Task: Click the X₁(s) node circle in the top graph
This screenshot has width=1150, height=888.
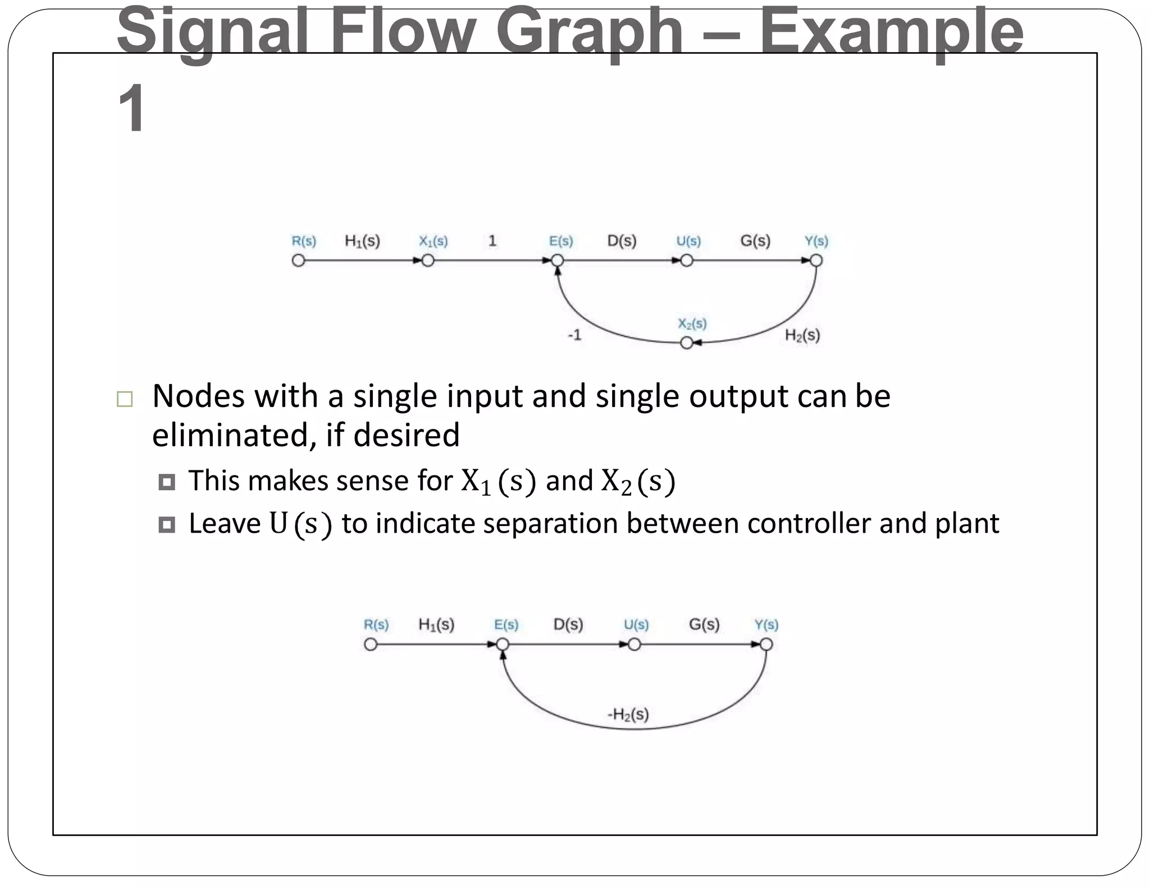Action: pyautogui.click(x=428, y=260)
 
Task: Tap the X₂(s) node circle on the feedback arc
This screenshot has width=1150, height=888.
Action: pyautogui.click(x=686, y=342)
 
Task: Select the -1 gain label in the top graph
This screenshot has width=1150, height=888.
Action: pyautogui.click(x=574, y=335)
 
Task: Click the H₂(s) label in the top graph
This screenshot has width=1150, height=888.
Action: pyautogui.click(x=802, y=336)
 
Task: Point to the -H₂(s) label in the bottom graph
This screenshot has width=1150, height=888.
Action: pyautogui.click(x=628, y=715)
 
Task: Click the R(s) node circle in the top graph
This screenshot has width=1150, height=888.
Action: pyautogui.click(x=298, y=260)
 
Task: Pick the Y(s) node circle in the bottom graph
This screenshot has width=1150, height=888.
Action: pyautogui.click(x=766, y=644)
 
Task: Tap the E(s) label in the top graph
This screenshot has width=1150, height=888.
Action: pyautogui.click(x=561, y=241)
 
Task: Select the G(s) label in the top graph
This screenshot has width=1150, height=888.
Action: pyautogui.click(x=755, y=241)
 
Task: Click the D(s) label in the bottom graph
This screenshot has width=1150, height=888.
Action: pyautogui.click(x=568, y=624)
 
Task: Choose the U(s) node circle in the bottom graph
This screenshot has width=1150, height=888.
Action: pyautogui.click(x=635, y=644)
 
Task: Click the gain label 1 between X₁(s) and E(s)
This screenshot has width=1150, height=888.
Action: pyautogui.click(x=492, y=241)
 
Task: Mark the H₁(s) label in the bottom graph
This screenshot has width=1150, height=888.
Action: pyautogui.click(x=436, y=624)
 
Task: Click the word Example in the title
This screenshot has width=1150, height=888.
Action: pyautogui.click(x=892, y=31)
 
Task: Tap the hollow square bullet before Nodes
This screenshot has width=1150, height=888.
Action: pyautogui.click(x=125, y=399)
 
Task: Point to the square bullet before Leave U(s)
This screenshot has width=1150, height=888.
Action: pyautogui.click(x=167, y=524)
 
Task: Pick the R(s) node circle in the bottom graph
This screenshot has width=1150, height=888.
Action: pyautogui.click(x=371, y=644)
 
